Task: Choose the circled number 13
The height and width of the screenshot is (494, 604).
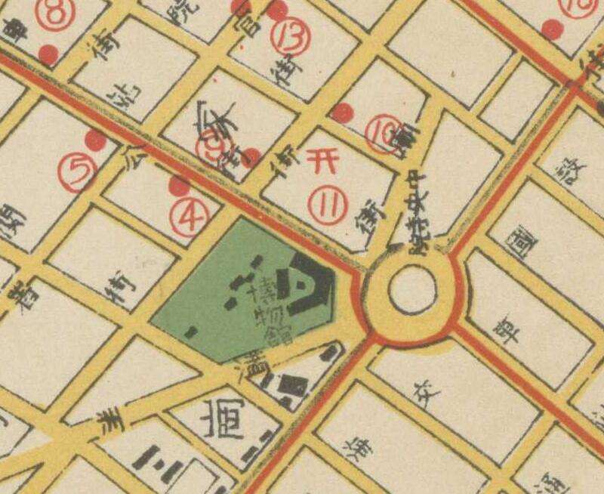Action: (x=290, y=36)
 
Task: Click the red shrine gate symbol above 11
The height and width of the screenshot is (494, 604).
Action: (x=317, y=161)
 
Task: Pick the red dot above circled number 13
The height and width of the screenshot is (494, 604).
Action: (x=279, y=10)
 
